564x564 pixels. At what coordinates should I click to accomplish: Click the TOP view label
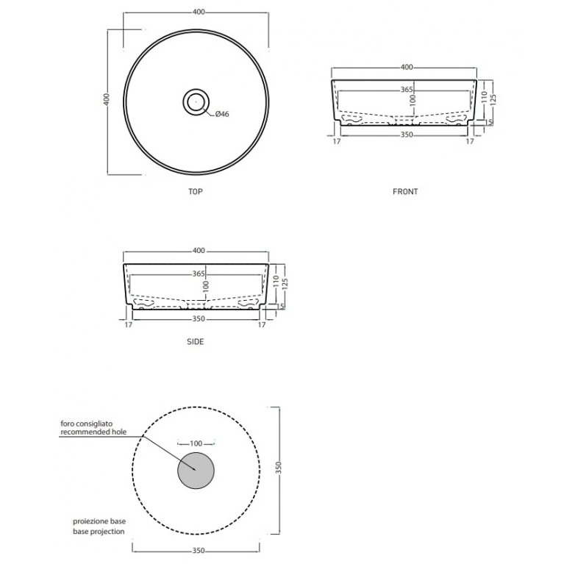[x=196, y=191]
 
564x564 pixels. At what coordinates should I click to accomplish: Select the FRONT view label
[x=405, y=191]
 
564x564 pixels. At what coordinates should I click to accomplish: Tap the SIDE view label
[x=196, y=341]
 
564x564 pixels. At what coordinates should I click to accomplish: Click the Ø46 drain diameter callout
[x=222, y=114]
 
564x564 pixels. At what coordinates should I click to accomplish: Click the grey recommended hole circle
[x=196, y=471]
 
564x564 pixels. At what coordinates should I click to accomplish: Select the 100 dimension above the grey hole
[x=196, y=443]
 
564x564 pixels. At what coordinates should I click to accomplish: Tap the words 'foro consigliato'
[x=86, y=424]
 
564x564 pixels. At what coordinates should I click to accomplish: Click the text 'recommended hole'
[x=93, y=432]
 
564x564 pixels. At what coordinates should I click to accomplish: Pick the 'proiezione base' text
[x=99, y=521]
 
